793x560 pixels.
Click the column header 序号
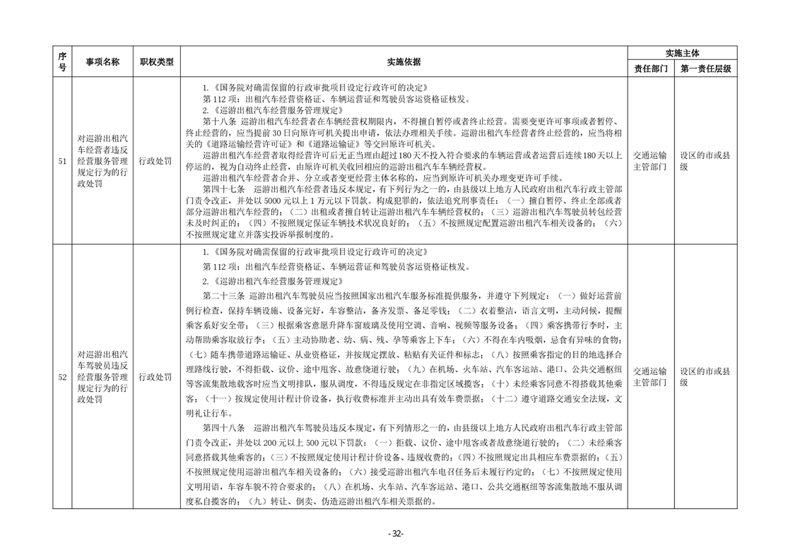click(x=62, y=61)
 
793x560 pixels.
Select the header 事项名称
click(x=103, y=62)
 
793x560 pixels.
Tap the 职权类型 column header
click(x=156, y=62)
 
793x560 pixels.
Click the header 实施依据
click(x=404, y=62)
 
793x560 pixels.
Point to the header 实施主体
click(x=682, y=53)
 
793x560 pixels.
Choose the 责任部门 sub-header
click(x=650, y=69)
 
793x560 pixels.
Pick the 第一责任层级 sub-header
click(x=705, y=69)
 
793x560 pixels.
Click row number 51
click(x=62, y=161)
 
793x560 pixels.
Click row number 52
click(x=62, y=377)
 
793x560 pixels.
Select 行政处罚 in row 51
click(x=156, y=161)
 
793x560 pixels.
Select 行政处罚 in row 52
click(x=156, y=377)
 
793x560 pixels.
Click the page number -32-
click(x=396, y=534)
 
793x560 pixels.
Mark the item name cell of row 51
click(x=103, y=161)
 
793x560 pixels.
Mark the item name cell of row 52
click(x=103, y=377)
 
